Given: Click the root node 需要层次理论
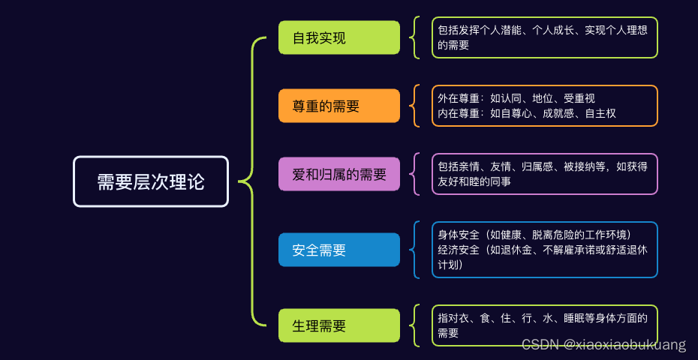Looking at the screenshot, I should (150, 181).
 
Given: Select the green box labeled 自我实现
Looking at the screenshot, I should (338, 37).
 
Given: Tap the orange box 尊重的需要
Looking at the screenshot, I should (338, 106).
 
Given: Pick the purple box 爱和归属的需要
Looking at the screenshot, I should (338, 175).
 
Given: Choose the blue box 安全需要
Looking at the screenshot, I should (338, 250).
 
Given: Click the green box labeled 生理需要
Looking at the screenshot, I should (338, 325).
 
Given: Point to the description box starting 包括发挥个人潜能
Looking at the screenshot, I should (544, 37).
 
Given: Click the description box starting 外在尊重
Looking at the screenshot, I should (544, 106).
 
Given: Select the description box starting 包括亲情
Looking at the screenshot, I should (544, 174).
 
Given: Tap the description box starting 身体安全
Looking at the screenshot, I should (544, 249).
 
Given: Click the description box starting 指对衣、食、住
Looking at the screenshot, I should (544, 325).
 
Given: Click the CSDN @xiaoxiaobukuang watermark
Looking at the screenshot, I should (603, 345).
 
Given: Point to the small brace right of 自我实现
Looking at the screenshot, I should (415, 37).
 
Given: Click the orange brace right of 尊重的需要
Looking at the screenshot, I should (415, 106).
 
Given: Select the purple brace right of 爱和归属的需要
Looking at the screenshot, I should (415, 174).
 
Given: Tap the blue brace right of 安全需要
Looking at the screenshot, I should (415, 249).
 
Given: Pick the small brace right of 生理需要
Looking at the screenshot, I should (415, 325).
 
